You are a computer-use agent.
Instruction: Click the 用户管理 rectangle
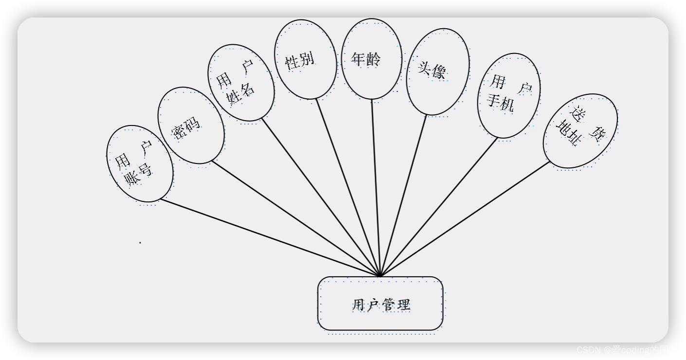click(x=380, y=304)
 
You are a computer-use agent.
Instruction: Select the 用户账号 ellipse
click(x=140, y=163)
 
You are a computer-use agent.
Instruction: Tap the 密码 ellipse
click(x=191, y=126)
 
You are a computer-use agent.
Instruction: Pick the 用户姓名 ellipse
click(x=241, y=83)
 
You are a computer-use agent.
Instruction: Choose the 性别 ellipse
click(x=305, y=59)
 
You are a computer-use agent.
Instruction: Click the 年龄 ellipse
click(x=371, y=59)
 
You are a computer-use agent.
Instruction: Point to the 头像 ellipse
click(x=437, y=72)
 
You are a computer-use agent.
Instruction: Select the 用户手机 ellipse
click(x=508, y=95)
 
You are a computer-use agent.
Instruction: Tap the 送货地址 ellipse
click(x=580, y=131)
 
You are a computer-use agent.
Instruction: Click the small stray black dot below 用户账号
click(x=140, y=242)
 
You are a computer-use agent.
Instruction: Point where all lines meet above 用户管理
click(x=380, y=276)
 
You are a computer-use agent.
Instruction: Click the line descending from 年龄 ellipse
click(x=376, y=187)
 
